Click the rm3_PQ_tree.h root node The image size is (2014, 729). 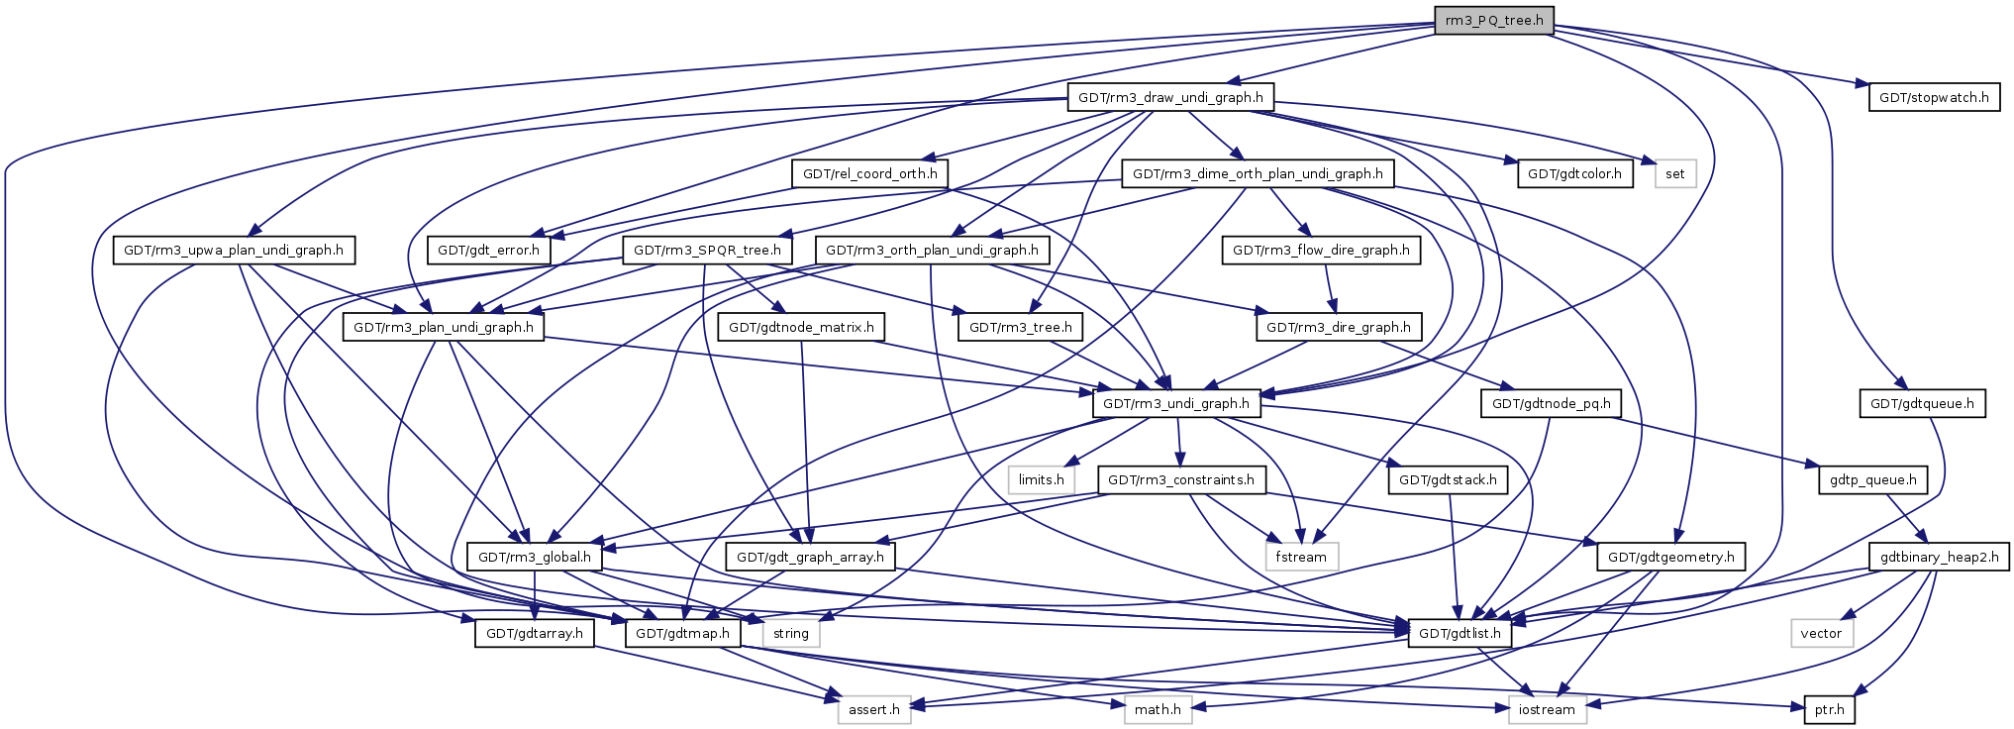click(1493, 21)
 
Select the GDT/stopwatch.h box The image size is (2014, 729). click(1933, 98)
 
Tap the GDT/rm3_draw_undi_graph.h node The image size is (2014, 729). click(1170, 98)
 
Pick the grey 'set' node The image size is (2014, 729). click(1674, 174)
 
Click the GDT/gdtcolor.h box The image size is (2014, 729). click(1574, 174)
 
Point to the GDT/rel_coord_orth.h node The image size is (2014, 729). click(869, 174)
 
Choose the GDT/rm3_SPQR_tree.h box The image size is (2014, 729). click(707, 251)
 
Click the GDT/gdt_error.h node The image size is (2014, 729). click(489, 251)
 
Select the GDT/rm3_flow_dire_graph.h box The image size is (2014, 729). click(1321, 251)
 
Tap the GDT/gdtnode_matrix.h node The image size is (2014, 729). click(801, 328)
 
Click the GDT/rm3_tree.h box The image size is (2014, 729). click(1020, 328)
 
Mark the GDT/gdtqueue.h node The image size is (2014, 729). click(1921, 404)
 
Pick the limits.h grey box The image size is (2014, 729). click(1042, 480)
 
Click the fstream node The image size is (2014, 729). click(1301, 558)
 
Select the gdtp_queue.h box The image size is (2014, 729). click(1872, 480)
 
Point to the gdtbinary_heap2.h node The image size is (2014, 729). click(1939, 558)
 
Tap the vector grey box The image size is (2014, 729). click(1821, 634)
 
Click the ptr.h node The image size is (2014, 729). click(1829, 710)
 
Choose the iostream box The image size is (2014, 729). click(1547, 710)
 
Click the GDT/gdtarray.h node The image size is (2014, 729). click(534, 634)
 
